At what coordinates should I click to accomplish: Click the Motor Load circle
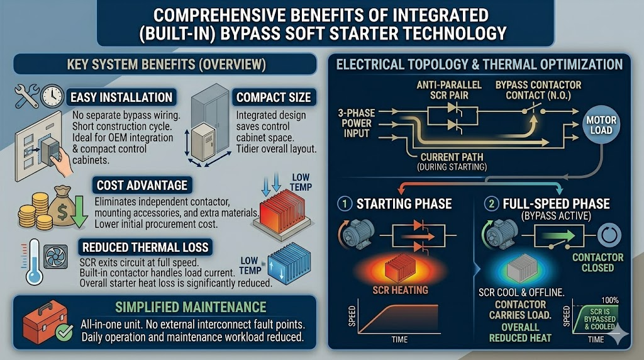(x=601, y=125)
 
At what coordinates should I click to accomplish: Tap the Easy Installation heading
(x=121, y=98)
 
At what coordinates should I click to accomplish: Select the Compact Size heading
(x=274, y=98)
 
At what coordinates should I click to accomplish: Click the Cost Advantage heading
(x=142, y=185)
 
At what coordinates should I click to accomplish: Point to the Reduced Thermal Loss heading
(x=145, y=247)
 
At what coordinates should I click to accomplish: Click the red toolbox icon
(x=45, y=322)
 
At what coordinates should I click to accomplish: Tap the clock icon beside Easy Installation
(x=53, y=96)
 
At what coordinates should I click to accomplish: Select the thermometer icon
(x=34, y=262)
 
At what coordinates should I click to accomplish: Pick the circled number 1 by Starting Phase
(x=345, y=203)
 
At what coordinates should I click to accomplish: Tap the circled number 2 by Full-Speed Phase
(x=491, y=203)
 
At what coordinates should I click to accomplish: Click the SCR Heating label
(x=401, y=290)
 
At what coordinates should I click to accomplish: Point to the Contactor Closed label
(x=598, y=262)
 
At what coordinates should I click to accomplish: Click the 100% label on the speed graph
(x=610, y=300)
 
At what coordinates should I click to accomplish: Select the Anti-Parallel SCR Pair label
(x=449, y=91)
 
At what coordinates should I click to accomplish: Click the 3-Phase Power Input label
(x=357, y=123)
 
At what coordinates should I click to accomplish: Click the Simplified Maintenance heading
(x=191, y=307)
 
